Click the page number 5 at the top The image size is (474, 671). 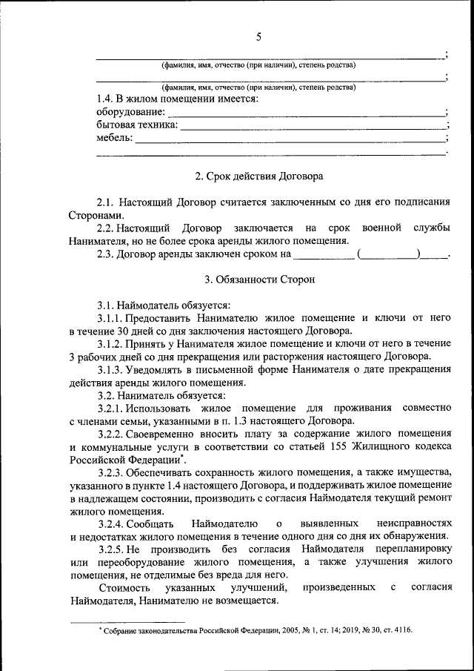pyautogui.click(x=258, y=37)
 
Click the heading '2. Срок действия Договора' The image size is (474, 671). pyautogui.click(x=258, y=176)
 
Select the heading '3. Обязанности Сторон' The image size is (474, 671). pyautogui.click(x=258, y=280)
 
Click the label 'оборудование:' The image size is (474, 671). pyautogui.click(x=130, y=112)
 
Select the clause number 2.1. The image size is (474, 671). pyautogui.click(x=106, y=202)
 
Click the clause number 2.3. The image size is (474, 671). pyautogui.click(x=106, y=254)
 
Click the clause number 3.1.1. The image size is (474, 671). pyautogui.click(x=110, y=317)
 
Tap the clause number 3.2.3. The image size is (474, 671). pyautogui.click(x=110, y=472)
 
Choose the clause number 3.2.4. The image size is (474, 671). pyautogui.click(x=110, y=524)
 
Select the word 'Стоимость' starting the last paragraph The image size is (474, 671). pyautogui.click(x=120, y=588)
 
